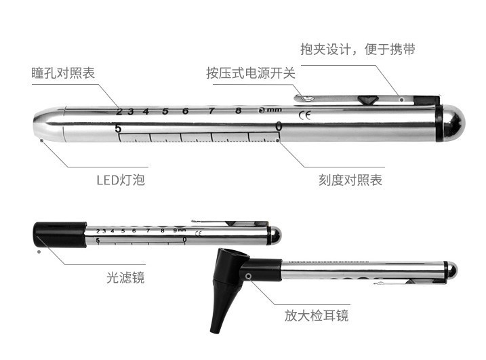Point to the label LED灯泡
(x=120, y=180)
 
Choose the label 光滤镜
(x=125, y=277)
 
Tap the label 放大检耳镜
(x=317, y=316)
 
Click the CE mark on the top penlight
(x=304, y=115)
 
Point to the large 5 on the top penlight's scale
(x=118, y=128)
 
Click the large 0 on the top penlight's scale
(x=278, y=126)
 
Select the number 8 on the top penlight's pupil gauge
(x=238, y=111)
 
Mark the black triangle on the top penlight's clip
(x=367, y=100)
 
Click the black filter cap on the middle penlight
(x=60, y=233)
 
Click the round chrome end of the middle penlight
(x=275, y=235)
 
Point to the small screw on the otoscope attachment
(x=249, y=277)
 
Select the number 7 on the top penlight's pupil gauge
(x=211, y=111)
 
